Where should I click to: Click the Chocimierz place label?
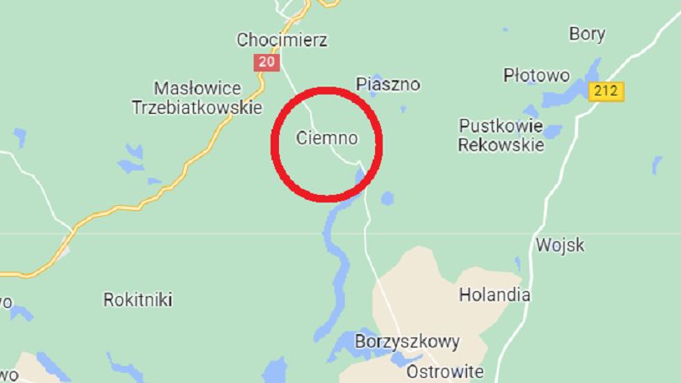pyautogui.click(x=282, y=40)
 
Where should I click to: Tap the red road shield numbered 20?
pyautogui.click(x=266, y=62)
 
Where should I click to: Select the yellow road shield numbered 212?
pyautogui.click(x=607, y=91)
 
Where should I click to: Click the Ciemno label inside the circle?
pyautogui.click(x=327, y=138)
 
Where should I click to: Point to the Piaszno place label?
pyautogui.click(x=388, y=84)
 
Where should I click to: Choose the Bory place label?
pyautogui.click(x=587, y=35)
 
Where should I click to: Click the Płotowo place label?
pyautogui.click(x=536, y=75)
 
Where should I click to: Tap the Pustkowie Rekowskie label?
pyautogui.click(x=501, y=135)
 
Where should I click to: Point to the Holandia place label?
pyautogui.click(x=494, y=295)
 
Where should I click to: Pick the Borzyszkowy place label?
pyautogui.click(x=408, y=342)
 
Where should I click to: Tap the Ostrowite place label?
pyautogui.click(x=445, y=371)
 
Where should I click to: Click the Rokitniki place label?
pyautogui.click(x=137, y=299)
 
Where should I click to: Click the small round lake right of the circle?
pyautogui.click(x=387, y=199)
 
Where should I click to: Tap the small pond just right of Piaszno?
pyautogui.click(x=402, y=108)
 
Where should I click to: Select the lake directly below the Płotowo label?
pyautogui.click(x=532, y=111)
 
